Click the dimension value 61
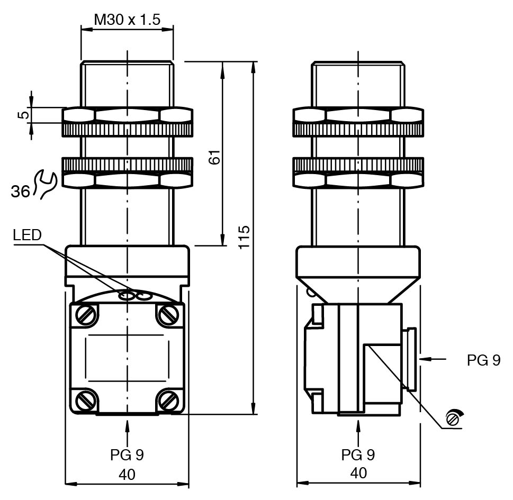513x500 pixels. click(x=213, y=157)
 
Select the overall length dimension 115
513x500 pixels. click(x=244, y=238)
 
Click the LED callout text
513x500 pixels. click(x=27, y=235)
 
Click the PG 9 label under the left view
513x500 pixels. click(x=127, y=454)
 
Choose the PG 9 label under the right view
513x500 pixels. click(x=358, y=454)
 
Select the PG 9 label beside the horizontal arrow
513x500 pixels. click(x=483, y=360)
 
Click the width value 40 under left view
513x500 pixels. click(x=127, y=474)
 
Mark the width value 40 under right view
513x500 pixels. click(x=358, y=473)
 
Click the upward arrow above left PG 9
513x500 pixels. click(x=127, y=431)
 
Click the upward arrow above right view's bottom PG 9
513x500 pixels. click(x=358, y=431)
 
